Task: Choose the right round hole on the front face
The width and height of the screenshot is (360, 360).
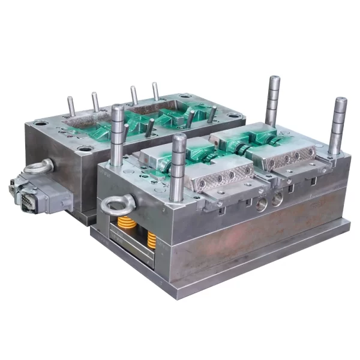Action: [277, 200]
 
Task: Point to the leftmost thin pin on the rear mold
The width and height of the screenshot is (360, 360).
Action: [71, 109]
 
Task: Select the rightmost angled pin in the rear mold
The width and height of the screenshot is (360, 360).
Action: [212, 114]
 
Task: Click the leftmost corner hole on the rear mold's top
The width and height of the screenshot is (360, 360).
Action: [41, 123]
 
